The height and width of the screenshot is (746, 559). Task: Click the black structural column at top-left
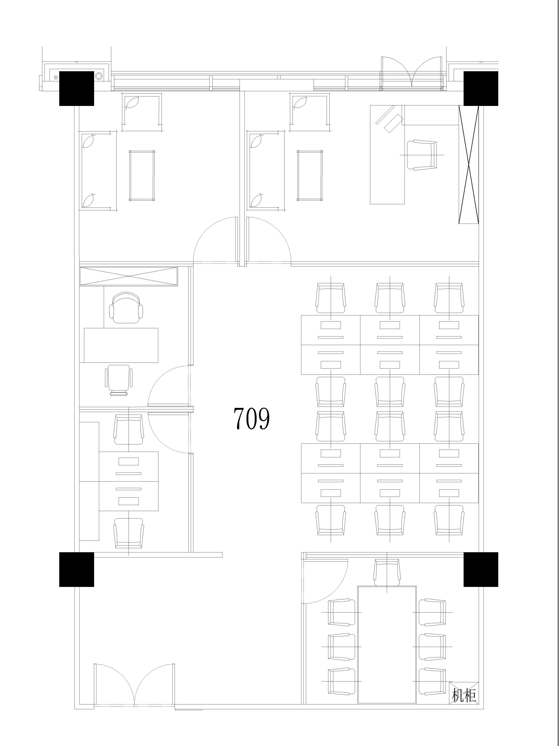pos(76,88)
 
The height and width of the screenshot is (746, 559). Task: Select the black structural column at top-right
pos(481,88)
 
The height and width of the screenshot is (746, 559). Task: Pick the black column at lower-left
pos(76,569)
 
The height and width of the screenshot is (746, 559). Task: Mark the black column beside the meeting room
pos(481,569)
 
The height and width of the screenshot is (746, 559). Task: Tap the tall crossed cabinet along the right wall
pos(469,164)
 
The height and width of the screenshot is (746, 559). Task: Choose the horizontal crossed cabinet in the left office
pos(128,277)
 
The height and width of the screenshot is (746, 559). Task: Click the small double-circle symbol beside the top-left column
pos(99,76)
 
